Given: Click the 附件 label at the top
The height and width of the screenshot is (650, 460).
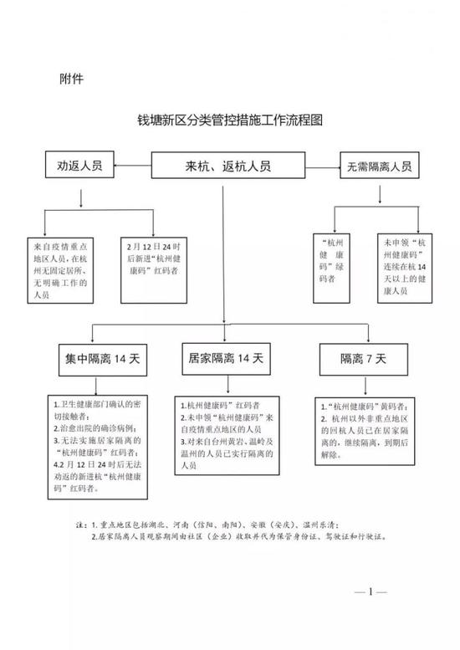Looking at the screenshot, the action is click(71, 79).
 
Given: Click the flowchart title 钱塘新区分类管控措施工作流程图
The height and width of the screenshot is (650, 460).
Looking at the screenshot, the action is click(230, 120).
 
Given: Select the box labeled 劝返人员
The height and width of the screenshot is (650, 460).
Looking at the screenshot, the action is click(79, 165).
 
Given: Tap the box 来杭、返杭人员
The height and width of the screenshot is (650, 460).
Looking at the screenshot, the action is click(228, 166).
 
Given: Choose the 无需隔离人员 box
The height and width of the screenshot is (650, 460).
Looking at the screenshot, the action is click(379, 166).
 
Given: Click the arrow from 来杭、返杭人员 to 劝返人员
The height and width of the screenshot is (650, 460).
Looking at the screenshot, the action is click(133, 166).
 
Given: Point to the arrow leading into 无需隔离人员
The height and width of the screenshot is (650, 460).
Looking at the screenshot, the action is click(323, 168).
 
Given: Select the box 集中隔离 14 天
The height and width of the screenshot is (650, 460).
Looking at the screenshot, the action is click(103, 360).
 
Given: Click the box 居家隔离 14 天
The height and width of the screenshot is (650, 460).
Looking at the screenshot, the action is click(227, 359).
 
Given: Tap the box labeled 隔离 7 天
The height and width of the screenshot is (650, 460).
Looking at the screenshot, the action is click(364, 360).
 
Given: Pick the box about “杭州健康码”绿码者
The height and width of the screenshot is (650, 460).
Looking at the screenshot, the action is click(331, 269).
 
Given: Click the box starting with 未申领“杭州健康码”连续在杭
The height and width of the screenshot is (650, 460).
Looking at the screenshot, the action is click(405, 269).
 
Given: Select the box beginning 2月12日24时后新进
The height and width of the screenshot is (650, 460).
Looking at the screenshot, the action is click(154, 270).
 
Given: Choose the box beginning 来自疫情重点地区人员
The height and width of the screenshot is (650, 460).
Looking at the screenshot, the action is click(60, 270).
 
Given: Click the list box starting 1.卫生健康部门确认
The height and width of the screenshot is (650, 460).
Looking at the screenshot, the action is click(98, 447).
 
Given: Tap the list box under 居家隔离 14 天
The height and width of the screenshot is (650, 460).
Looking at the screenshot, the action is click(227, 436).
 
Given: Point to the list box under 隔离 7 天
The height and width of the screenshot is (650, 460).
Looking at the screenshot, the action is click(365, 432).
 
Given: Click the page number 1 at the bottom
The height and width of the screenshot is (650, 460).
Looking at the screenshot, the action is click(371, 591).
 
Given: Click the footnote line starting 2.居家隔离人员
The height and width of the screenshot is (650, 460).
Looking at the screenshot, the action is click(239, 536).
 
